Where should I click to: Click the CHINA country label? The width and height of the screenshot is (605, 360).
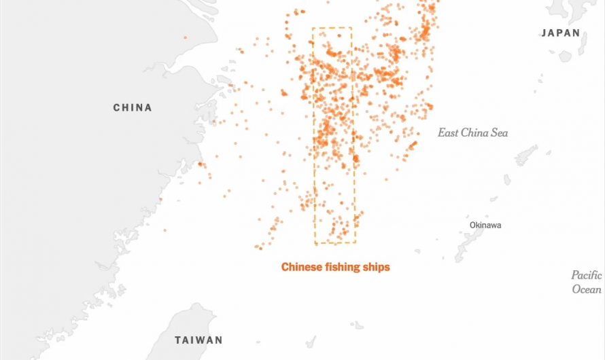tap(133, 107)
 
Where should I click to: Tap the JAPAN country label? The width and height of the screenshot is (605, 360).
tap(561, 33)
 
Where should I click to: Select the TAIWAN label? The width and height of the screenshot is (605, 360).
tap(198, 340)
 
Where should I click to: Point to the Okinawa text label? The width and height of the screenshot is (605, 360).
tap(485, 225)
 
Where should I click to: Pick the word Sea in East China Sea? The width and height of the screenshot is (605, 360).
tap(499, 133)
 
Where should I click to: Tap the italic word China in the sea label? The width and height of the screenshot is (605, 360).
tap(474, 133)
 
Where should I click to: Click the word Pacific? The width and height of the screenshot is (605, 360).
tap(586, 275)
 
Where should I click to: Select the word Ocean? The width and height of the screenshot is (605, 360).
tap(587, 289)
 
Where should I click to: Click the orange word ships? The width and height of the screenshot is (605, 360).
tap(377, 267)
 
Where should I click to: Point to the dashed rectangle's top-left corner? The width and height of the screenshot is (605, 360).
tap(313, 28)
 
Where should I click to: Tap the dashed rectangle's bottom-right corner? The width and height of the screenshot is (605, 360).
tap(355, 243)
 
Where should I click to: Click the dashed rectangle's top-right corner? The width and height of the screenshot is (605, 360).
tap(351, 28)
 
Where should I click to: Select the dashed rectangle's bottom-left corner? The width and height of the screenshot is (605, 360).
tap(315, 243)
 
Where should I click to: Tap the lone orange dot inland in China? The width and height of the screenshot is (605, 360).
tap(184, 37)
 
